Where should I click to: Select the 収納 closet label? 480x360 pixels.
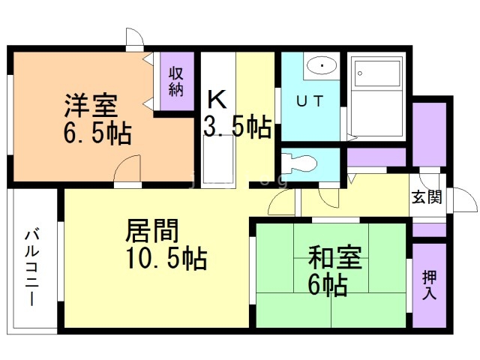[175, 81]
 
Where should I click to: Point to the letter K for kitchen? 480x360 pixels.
[216, 99]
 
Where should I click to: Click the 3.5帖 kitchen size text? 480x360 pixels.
[237, 127]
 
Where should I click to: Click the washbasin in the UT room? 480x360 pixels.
[322, 66]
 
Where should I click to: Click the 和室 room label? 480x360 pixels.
[335, 260]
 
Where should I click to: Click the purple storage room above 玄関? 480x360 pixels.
[429, 132]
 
